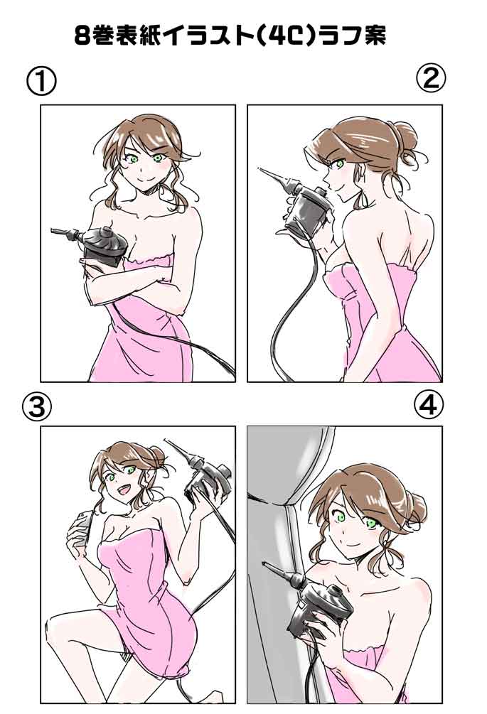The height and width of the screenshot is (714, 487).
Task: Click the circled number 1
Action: (x=41, y=82)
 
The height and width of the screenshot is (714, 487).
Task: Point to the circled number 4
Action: (x=429, y=404)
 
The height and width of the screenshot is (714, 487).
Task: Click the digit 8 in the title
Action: (x=82, y=36)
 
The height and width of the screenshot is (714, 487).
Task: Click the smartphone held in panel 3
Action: (x=80, y=527)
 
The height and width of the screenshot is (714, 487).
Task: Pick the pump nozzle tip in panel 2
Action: (x=260, y=169)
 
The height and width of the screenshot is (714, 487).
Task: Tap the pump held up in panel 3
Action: (x=205, y=474)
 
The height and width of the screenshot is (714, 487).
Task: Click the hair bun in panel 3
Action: (x=157, y=455)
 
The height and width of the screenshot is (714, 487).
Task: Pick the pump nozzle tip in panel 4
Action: (x=264, y=565)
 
